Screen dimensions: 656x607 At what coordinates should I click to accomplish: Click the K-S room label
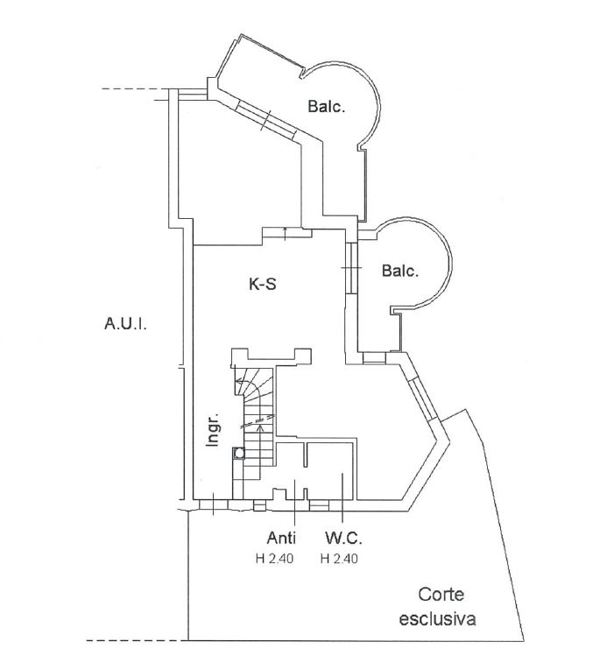coord(263,283)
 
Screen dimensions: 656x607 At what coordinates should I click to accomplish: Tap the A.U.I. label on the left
coord(125,325)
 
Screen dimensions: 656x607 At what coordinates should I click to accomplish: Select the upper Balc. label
coord(327,108)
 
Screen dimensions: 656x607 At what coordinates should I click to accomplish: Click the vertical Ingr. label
coord(212,429)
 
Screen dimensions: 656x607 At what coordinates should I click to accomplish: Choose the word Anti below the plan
coord(280,537)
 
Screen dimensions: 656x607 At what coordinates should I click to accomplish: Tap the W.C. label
coord(342,537)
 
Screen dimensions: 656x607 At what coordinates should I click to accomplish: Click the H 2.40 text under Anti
coord(280,557)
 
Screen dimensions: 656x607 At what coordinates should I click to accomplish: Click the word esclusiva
coord(437,619)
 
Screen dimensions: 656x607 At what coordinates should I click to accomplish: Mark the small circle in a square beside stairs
coord(237,453)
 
